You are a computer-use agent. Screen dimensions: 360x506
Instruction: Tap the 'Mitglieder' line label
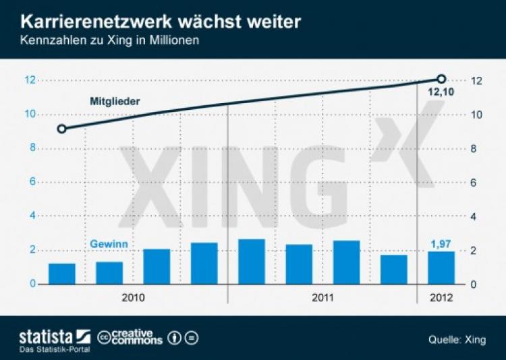(115, 102)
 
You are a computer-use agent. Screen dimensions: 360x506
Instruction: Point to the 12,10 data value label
(441, 92)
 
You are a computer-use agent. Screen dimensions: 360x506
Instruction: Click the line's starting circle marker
(61, 129)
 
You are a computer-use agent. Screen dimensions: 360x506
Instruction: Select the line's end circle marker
(442, 80)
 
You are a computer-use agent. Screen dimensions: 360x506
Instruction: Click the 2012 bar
(441, 268)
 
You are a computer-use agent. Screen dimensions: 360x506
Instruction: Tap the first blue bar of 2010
(62, 274)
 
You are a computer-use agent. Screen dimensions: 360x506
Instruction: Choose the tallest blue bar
(252, 262)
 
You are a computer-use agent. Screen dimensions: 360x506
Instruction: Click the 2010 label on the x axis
(133, 297)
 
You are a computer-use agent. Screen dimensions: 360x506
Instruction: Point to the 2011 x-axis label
(323, 297)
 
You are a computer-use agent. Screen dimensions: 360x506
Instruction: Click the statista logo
(54, 336)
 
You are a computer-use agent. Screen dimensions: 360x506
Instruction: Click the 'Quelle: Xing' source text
(457, 340)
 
